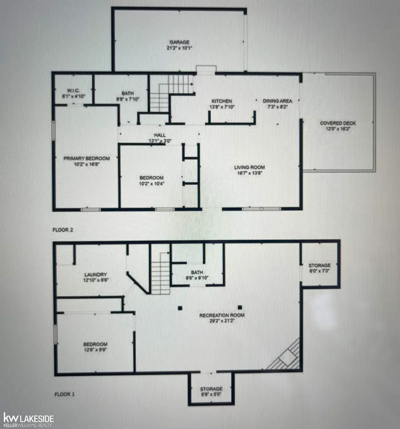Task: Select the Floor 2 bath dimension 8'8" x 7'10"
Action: pos(128,99)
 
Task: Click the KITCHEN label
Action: pos(221,101)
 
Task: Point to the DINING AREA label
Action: pos(276,101)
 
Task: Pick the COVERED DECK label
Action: pos(338,123)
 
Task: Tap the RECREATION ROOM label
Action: pos(222,315)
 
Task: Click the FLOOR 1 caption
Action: pos(64,394)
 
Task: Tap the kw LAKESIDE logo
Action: pos(28,419)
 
